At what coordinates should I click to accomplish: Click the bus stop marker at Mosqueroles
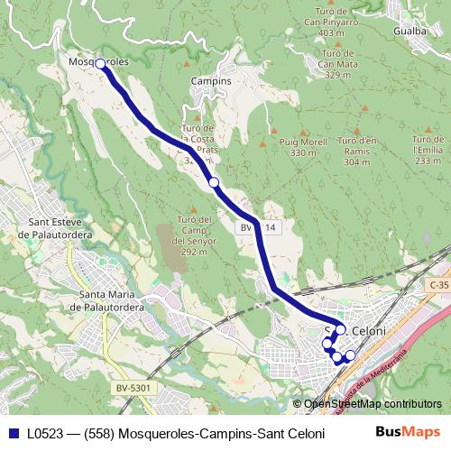tap(100, 63)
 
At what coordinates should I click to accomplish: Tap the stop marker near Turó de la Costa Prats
tap(214, 183)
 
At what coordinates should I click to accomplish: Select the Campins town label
tap(212, 80)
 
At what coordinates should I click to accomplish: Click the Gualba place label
tap(410, 29)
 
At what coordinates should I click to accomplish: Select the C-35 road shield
tap(439, 285)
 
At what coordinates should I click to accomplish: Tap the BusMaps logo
tap(407, 432)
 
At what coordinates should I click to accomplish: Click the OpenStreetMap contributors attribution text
tap(373, 404)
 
